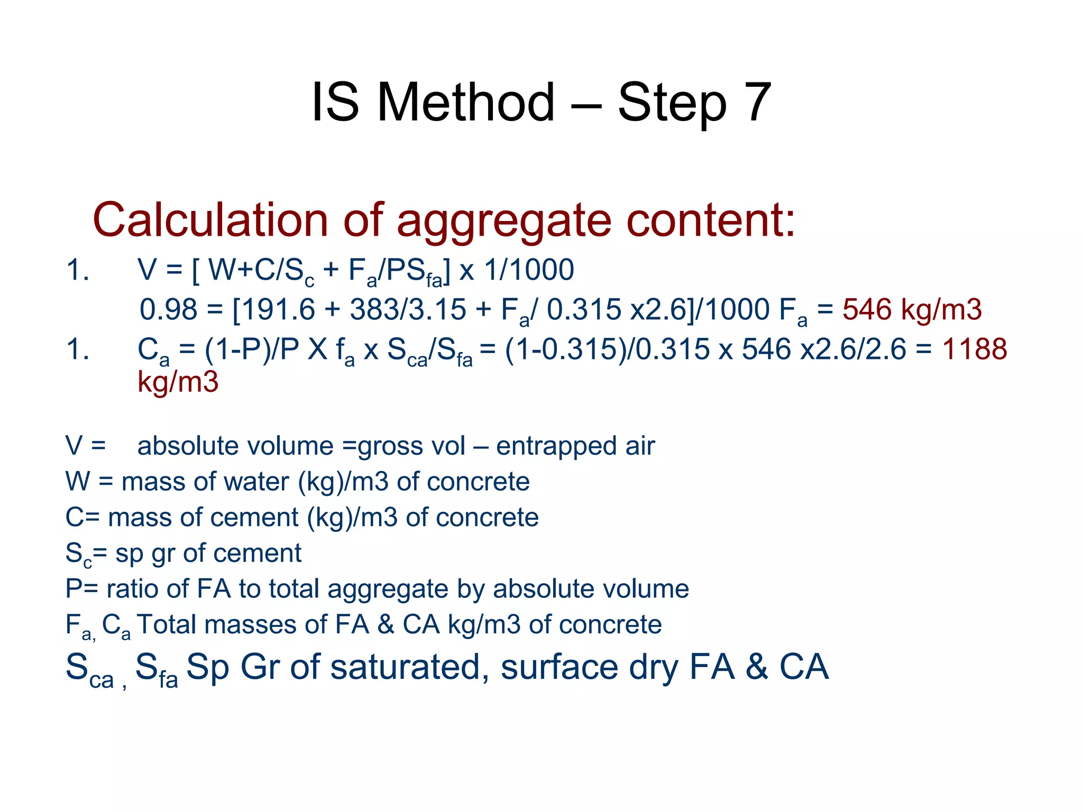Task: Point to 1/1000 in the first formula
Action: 529,270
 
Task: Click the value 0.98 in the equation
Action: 168,309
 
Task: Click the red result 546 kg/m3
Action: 912,309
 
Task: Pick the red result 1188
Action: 975,349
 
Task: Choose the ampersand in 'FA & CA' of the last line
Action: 757,667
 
